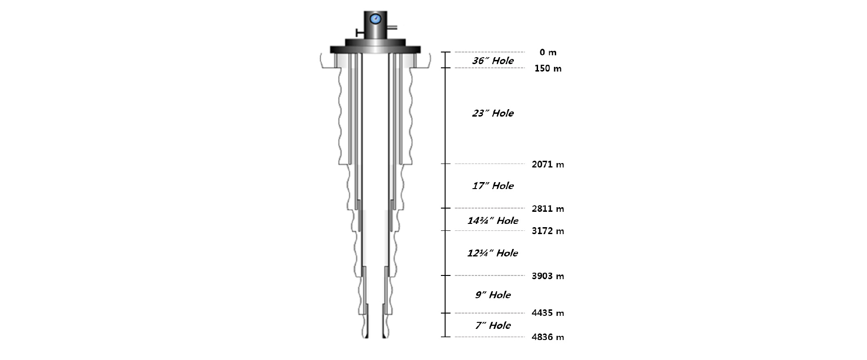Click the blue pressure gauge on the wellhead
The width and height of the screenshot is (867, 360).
coord(375,19)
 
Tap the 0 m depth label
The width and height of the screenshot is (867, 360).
coord(548,52)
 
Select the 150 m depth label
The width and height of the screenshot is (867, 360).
coord(548,69)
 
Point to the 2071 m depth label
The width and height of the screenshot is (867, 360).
coord(548,164)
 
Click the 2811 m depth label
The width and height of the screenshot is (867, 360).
coord(548,209)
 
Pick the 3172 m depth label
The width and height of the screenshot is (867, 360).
coord(548,231)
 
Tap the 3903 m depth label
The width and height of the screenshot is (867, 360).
coord(548,276)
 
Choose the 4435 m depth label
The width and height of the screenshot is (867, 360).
coord(548,313)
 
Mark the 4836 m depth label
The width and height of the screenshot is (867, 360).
coord(548,337)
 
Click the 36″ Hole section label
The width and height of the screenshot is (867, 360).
coord(493,61)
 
